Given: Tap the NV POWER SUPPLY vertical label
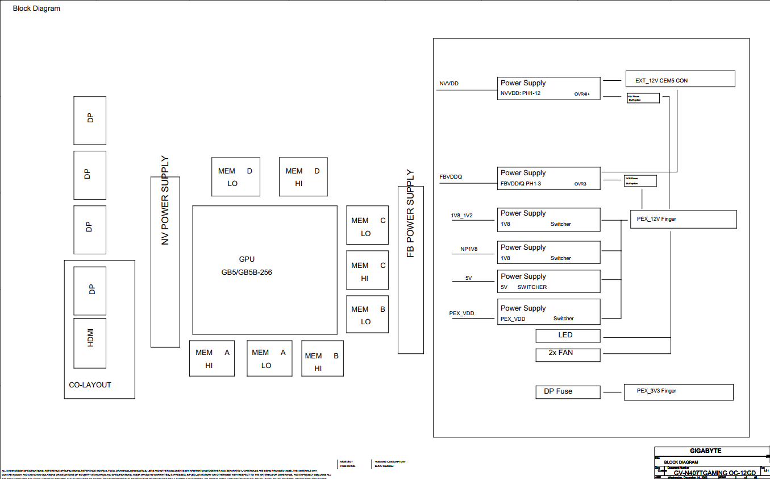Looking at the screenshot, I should point(165,200).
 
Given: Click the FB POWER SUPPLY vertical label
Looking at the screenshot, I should point(410,214).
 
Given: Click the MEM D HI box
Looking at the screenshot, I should point(303,177).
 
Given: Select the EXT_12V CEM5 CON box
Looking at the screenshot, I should point(680,79).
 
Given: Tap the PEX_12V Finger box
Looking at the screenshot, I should point(683,219).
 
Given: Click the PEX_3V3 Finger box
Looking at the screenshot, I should point(679,391).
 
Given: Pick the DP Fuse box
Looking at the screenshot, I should point(568,392).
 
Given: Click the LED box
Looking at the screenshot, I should point(568,336).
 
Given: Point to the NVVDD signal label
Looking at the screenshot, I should point(449,84).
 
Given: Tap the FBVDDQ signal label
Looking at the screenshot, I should point(451,177).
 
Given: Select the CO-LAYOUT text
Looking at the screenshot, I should point(90,385).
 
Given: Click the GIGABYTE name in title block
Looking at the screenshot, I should point(706,451).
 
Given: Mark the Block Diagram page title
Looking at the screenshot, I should point(36,9).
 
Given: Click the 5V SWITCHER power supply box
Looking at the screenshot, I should point(548,282).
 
